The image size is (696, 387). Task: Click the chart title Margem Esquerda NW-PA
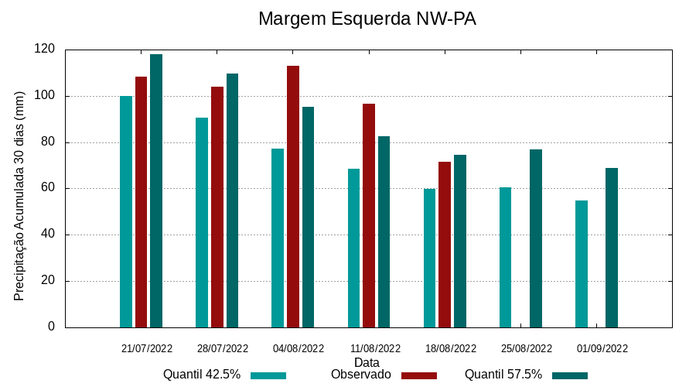367,19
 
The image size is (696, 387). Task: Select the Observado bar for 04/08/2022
293,197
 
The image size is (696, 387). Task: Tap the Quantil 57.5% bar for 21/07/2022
156,190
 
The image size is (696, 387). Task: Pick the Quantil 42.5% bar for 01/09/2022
582,264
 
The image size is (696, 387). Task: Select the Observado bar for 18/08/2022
445,245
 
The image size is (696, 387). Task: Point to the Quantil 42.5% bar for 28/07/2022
202,222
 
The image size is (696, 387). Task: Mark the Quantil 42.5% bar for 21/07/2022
126,211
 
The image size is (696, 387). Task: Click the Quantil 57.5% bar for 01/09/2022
612,248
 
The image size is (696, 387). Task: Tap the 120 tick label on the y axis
45,50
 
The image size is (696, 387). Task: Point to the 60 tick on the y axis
48,188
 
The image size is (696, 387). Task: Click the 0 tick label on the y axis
52,327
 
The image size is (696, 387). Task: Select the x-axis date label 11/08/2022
375,348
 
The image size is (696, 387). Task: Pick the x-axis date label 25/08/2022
527,348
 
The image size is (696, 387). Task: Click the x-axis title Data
367,361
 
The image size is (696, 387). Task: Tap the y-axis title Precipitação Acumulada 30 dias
20,196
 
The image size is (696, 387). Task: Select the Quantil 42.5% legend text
202,375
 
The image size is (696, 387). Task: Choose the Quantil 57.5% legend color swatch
570,375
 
